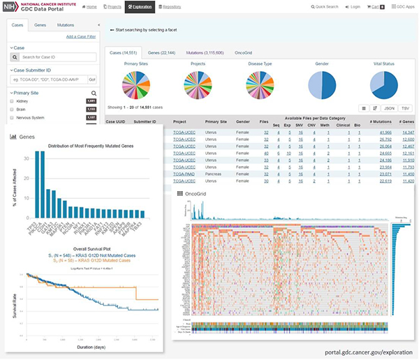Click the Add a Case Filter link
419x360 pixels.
(x=80, y=36)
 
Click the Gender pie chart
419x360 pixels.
(x=323, y=84)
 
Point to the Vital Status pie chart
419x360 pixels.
(x=383, y=84)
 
